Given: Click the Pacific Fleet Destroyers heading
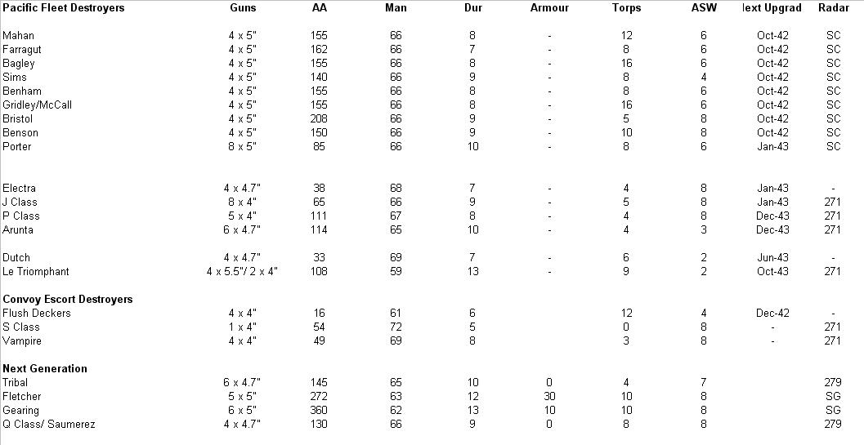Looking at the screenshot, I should (x=64, y=7).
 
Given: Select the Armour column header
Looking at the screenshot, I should (x=549, y=7).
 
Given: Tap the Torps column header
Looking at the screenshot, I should (x=626, y=7).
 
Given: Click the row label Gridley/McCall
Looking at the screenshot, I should (x=37, y=105).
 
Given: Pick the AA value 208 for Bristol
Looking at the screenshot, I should (x=319, y=118).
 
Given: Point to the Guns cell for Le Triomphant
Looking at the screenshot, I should (x=243, y=271).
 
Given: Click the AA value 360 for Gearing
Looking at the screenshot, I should (x=319, y=410).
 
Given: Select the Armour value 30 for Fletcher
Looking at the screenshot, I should (x=549, y=396).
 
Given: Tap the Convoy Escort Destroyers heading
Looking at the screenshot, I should (x=68, y=299).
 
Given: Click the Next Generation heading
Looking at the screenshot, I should (x=45, y=368).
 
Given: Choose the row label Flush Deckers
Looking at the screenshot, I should (x=37, y=313).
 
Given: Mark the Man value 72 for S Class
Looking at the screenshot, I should (x=396, y=327).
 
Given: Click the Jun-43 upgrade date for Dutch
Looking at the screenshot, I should (x=772, y=257).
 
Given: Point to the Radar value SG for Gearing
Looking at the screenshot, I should (x=833, y=410).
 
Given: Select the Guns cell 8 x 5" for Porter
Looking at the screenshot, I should (x=243, y=146).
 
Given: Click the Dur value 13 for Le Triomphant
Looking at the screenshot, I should (x=472, y=271).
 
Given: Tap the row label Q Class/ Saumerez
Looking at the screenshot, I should (x=49, y=424).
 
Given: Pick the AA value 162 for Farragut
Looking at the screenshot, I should (x=319, y=49).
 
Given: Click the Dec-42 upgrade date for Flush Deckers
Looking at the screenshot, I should (x=772, y=313).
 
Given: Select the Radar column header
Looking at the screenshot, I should (x=833, y=7).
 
